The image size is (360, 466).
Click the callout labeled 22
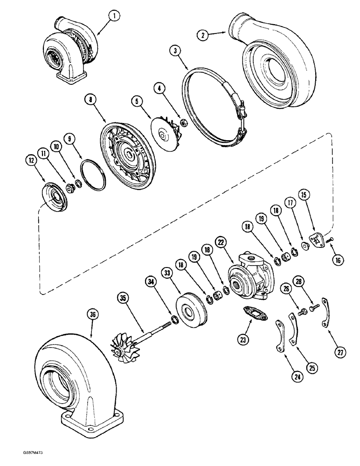(x=220, y=243)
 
